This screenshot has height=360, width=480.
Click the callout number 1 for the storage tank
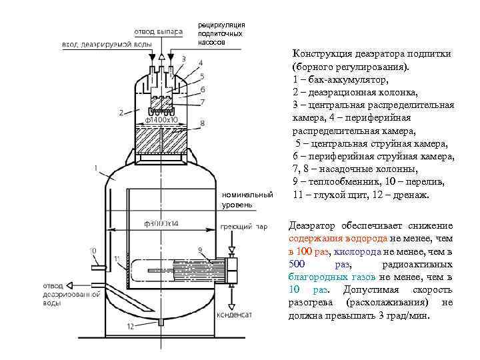click(97, 168)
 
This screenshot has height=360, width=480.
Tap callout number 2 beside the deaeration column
click(121, 112)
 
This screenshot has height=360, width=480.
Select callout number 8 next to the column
click(201, 124)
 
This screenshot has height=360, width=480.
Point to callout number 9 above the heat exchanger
click(199, 250)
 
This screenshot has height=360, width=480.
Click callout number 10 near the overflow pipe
click(93, 251)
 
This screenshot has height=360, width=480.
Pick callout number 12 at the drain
click(131, 326)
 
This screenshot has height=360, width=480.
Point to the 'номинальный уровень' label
click(247, 200)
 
